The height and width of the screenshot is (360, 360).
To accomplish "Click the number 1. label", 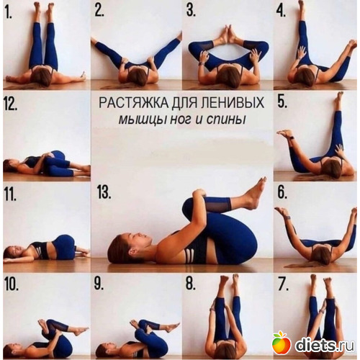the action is point(9,12).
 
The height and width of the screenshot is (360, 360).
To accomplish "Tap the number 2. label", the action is point(99,11).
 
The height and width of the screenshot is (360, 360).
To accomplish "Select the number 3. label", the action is point(191,11).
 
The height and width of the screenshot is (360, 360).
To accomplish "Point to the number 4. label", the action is point(282,11).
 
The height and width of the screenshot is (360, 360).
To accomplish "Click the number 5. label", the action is point(282,102).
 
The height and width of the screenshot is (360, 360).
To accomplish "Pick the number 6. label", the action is point(282,192).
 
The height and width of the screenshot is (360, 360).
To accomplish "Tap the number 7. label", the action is point(283,284).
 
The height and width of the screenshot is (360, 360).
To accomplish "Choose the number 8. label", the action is point(191,284).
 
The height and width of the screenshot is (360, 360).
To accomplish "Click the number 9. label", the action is point(99,284).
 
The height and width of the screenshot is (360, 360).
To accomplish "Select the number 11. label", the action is point(10,194).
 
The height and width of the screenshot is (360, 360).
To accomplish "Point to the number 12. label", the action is point(11,104).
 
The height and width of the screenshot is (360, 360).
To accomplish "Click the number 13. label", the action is point(104,192).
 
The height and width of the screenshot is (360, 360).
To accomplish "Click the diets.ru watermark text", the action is point(325,345).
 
